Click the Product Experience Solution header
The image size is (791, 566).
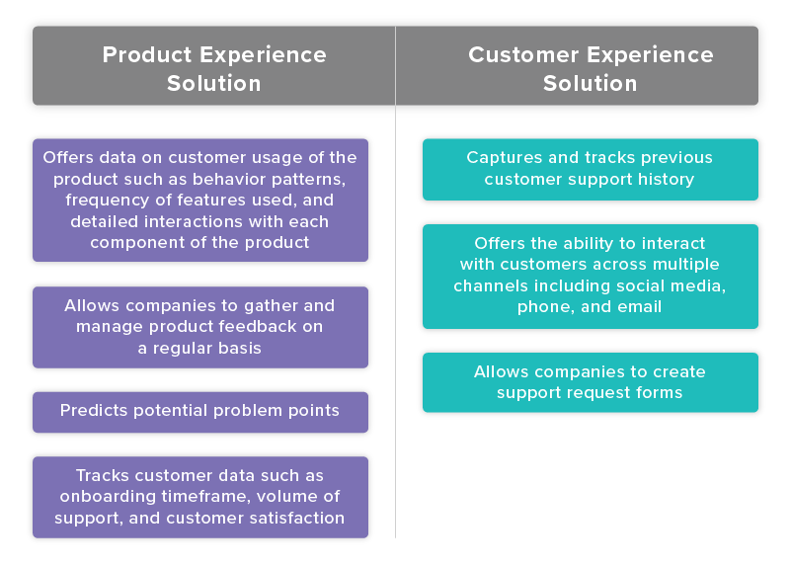(x=213, y=67)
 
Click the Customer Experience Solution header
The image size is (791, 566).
(x=590, y=67)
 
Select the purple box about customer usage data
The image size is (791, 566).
(x=200, y=200)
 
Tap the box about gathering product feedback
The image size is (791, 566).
(x=200, y=327)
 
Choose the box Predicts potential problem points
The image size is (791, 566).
(x=200, y=411)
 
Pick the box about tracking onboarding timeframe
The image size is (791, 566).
(x=200, y=497)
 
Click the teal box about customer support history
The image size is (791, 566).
(x=590, y=169)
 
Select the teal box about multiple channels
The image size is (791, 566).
(x=590, y=276)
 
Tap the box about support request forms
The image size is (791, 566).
(x=590, y=382)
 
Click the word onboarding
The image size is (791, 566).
(x=112, y=497)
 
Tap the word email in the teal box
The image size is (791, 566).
(x=639, y=308)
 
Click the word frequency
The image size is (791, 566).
(x=95, y=201)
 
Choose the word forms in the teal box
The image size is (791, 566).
(x=660, y=393)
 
